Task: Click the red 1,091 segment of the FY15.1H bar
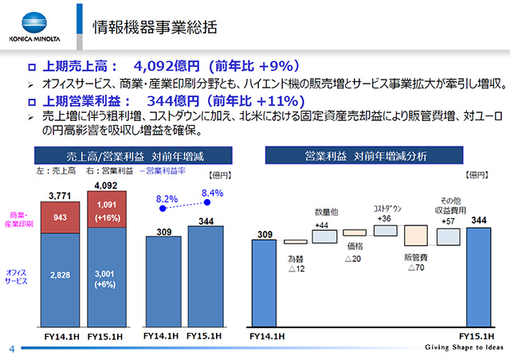pyautogui.click(x=105, y=211)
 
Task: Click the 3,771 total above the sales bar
pyautogui.click(x=59, y=195)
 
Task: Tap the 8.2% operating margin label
pyautogui.click(x=166, y=198)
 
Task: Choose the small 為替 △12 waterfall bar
pyautogui.click(x=296, y=241)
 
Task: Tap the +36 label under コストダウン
pyautogui.click(x=385, y=219)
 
